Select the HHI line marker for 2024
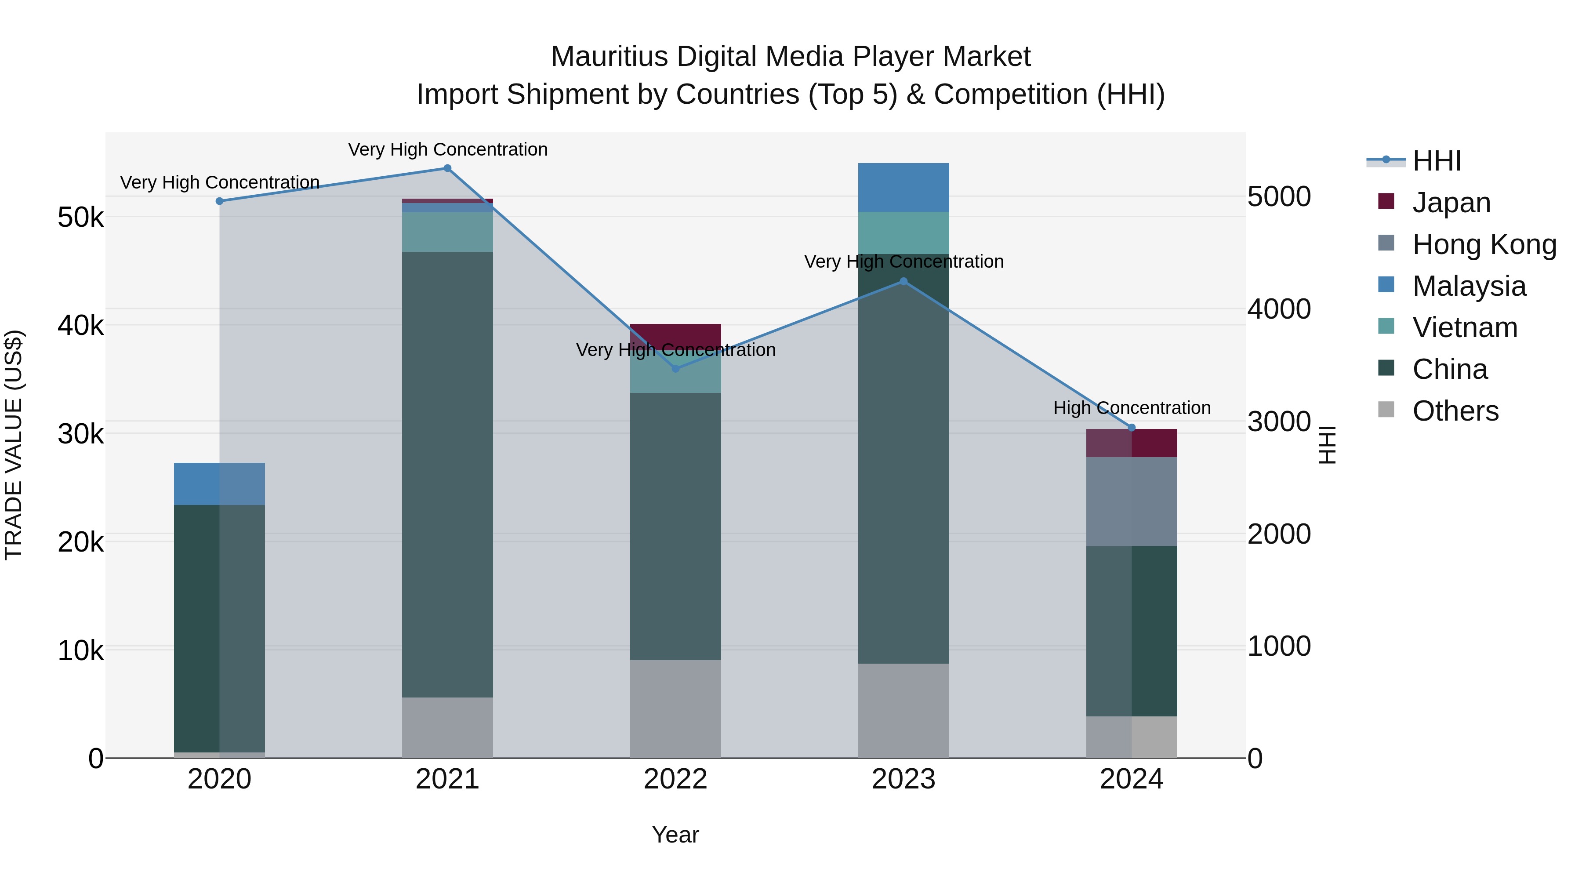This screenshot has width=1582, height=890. tap(1132, 428)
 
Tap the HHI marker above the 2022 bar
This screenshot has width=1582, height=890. tap(675, 369)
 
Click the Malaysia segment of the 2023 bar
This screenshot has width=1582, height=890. tap(903, 187)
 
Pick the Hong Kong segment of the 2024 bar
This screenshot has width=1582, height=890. tap(1132, 501)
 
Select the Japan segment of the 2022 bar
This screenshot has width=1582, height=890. tap(675, 335)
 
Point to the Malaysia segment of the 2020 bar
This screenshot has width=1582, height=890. tap(219, 484)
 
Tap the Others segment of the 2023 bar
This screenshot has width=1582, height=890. tap(903, 710)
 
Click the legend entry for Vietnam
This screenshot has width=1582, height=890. tap(1465, 327)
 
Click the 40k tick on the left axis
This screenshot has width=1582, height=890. tap(80, 326)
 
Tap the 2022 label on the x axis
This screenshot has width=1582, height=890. tap(675, 779)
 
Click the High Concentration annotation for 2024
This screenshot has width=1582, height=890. tap(1132, 408)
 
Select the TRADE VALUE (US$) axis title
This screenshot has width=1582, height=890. tap(14, 445)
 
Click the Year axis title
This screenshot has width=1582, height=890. tap(675, 835)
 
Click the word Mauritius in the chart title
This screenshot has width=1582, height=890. tap(609, 57)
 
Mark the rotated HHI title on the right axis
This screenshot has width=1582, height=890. tap(1328, 445)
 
